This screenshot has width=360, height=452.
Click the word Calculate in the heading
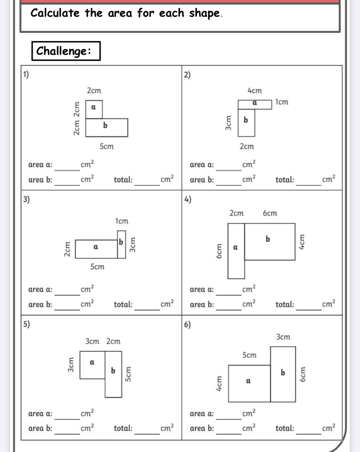click(55, 13)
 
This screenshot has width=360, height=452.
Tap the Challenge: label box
click(66, 51)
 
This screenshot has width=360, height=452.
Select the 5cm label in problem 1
click(107, 146)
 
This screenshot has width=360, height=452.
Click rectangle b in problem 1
click(107, 127)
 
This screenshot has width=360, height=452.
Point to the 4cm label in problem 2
click(255, 91)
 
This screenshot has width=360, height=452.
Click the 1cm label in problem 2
click(282, 102)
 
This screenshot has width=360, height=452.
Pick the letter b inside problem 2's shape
click(246, 120)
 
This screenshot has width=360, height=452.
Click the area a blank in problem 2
click(228, 167)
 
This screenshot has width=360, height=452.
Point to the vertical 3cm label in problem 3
click(133, 245)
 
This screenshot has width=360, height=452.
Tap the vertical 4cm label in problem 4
click(301, 242)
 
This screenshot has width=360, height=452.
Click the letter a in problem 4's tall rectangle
click(236, 248)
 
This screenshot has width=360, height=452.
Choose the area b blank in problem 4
click(228, 307)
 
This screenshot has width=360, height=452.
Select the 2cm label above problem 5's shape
click(113, 341)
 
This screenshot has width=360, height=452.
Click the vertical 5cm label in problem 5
click(128, 374)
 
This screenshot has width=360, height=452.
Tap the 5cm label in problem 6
click(249, 355)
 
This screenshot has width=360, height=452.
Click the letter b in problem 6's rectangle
click(283, 373)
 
